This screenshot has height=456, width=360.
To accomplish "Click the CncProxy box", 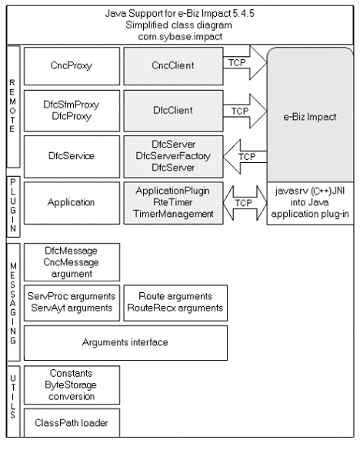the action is (72, 66).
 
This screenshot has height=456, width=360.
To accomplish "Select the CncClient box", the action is (173, 66).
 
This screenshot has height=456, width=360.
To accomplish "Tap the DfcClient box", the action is (173, 111).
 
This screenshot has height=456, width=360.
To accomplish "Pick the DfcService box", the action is (72, 156).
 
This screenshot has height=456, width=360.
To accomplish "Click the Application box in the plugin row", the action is (72, 203).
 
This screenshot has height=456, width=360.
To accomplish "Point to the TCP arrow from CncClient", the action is (245, 62).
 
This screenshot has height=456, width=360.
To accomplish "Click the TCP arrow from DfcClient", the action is (245, 111).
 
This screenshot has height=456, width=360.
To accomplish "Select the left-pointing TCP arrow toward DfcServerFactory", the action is (245, 157).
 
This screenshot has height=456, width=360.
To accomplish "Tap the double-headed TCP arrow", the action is (245, 203).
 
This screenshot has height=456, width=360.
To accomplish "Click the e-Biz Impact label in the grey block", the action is (310, 117).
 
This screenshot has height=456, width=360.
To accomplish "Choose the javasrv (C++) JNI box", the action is (310, 203).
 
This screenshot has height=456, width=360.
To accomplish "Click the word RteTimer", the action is (173, 202).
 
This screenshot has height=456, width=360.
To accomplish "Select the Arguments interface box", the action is (125, 343).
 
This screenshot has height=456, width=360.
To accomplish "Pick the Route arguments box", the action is (175, 303).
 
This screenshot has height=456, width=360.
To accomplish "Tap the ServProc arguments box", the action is (72, 303).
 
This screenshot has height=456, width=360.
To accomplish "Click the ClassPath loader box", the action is (72, 423).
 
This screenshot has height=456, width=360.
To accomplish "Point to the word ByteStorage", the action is (71, 385).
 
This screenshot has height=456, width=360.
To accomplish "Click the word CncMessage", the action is (71, 262).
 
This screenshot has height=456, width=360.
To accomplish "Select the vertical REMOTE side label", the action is (12, 105).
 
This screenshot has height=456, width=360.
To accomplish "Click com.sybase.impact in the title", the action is (180, 37).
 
